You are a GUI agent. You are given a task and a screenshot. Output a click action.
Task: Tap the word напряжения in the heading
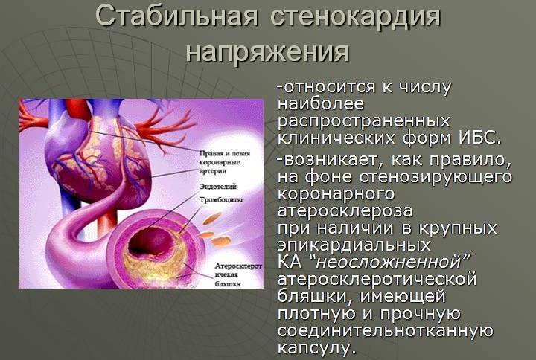(267, 51)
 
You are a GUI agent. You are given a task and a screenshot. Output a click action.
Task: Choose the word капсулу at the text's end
(313, 347)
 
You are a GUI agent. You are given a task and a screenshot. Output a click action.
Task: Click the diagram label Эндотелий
(219, 187)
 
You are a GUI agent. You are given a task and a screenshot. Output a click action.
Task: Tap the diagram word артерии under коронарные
(217, 171)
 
